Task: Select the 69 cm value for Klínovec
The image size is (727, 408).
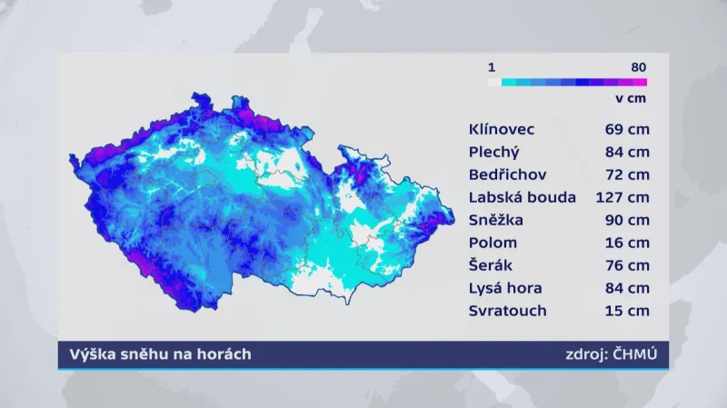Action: tap(627, 128)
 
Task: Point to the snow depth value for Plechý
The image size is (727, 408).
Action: tap(627, 151)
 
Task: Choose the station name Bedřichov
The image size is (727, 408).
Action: tap(508, 174)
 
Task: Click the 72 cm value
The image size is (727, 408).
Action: tap(627, 174)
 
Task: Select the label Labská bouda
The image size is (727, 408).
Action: tap(523, 197)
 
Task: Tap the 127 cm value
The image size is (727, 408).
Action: tap(622, 197)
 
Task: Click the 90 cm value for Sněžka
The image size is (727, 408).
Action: tap(627, 220)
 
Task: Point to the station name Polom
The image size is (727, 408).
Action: tap(493, 243)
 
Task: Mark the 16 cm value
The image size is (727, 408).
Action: tap(627, 243)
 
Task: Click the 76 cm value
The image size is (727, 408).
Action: tap(627, 265)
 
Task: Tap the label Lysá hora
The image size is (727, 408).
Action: tap(506, 288)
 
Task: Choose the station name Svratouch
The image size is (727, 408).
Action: tap(508, 311)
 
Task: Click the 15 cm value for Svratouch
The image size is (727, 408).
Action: tap(627, 311)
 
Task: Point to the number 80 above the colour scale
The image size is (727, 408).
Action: tap(638, 67)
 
